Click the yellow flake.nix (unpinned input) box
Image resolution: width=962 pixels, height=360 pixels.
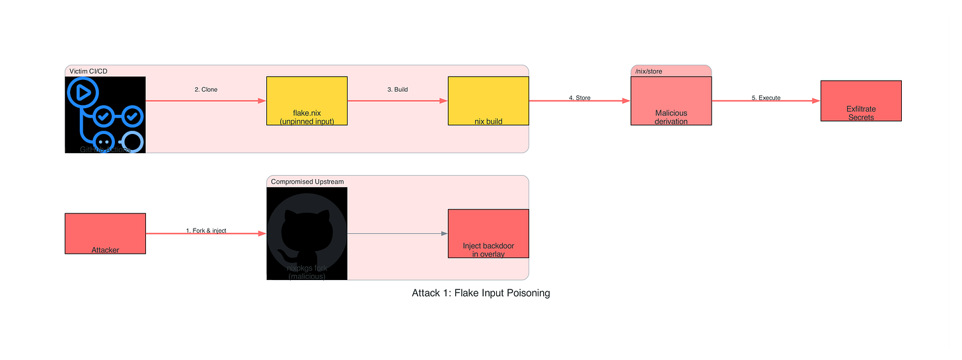(307, 101)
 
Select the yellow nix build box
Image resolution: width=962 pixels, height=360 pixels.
(488, 101)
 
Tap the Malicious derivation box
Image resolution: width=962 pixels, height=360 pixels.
(671, 101)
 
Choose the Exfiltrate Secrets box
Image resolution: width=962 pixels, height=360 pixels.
(860, 101)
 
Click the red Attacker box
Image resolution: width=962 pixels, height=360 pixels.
(105, 233)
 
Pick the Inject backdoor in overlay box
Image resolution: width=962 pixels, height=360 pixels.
(488, 234)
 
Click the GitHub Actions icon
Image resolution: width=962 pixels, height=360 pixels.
(105, 115)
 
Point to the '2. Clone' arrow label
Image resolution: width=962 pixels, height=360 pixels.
(205, 89)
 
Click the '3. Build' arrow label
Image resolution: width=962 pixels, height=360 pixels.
(397, 89)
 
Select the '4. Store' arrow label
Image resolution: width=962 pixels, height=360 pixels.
(579, 98)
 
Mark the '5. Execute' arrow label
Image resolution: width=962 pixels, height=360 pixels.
(766, 98)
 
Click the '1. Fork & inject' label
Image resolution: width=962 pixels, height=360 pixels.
(206, 231)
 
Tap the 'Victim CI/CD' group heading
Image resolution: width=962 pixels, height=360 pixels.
(88, 71)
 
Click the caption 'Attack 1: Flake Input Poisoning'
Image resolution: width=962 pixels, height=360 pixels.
(480, 293)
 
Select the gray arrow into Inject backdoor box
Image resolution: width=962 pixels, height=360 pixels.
(397, 234)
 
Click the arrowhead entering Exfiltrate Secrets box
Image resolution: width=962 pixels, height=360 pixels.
(815, 101)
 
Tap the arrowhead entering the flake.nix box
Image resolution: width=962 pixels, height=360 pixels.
(262, 101)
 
